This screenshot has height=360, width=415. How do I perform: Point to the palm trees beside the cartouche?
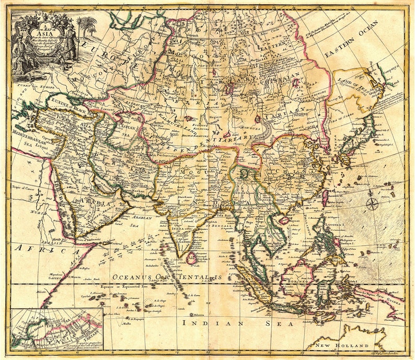coord(86,26)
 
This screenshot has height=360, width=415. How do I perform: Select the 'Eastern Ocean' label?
coord(352,40)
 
